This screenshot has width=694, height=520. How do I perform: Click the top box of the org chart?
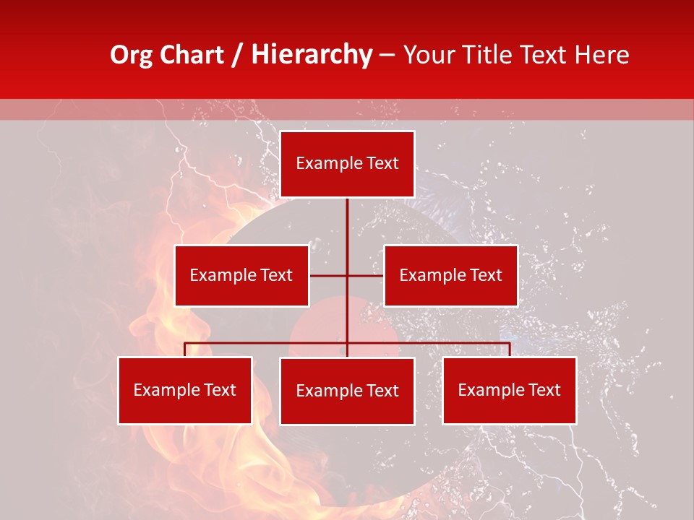pos(347,164)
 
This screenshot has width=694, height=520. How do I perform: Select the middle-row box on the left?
pos(241,275)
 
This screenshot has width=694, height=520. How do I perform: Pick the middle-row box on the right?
pos(450,275)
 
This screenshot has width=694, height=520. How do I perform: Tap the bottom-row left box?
pos(185,390)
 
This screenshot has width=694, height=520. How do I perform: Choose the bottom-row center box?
pos(347,391)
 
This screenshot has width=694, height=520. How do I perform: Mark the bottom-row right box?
pos(509,390)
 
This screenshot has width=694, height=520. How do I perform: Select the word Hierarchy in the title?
pos(311,55)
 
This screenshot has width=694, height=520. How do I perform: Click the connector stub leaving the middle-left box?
pos(327,275)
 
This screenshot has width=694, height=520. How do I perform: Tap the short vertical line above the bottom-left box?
pos(185,350)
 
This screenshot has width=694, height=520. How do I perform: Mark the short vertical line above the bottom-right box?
pos(510,350)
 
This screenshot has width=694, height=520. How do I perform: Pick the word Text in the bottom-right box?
pos(544,390)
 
